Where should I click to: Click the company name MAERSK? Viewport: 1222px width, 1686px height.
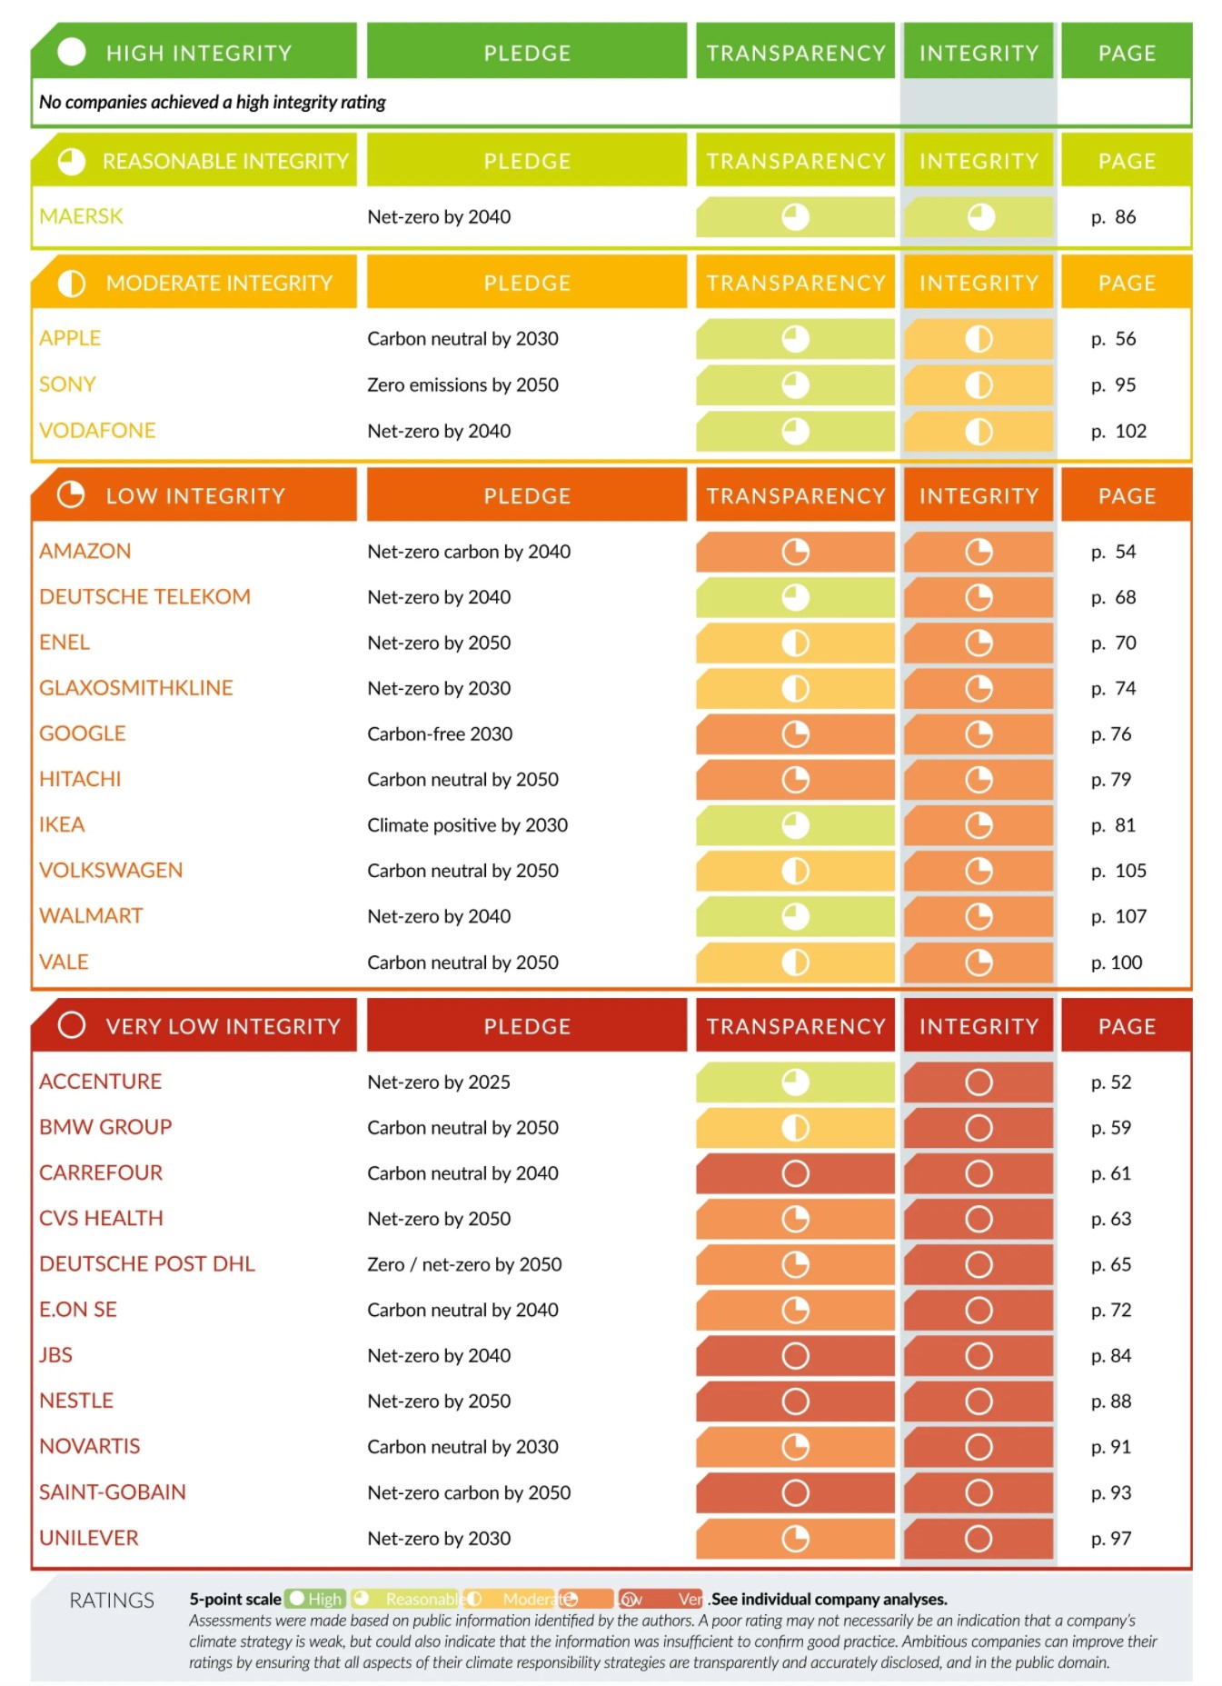81,216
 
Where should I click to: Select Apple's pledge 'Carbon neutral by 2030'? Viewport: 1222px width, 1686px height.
462,339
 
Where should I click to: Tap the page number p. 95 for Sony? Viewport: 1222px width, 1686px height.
1113,385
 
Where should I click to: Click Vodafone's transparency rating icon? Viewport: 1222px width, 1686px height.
795,431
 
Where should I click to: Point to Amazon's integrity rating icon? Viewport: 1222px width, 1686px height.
979,552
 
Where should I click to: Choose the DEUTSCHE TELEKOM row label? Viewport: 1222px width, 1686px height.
144,597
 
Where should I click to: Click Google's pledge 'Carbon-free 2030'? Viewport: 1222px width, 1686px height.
440,734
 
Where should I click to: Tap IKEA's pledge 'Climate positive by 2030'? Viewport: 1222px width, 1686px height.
467,825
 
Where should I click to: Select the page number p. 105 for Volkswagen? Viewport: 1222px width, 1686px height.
1118,871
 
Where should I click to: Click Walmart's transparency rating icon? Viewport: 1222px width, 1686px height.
795,916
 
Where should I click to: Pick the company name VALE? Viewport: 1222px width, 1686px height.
64,963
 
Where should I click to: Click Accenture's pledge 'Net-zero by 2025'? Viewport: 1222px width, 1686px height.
439,1082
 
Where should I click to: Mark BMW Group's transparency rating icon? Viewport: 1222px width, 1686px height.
795,1128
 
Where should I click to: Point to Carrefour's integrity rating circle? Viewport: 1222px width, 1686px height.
979,1173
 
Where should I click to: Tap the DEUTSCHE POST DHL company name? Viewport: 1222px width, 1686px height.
147,1264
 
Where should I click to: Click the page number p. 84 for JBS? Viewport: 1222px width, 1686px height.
1111,1356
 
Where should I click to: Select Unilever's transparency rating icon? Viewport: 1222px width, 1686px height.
795,1539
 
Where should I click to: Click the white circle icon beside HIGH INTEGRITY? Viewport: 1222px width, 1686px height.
72,52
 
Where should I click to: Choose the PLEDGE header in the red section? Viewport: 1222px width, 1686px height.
527,1027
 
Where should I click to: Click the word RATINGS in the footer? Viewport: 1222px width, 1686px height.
112,1601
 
